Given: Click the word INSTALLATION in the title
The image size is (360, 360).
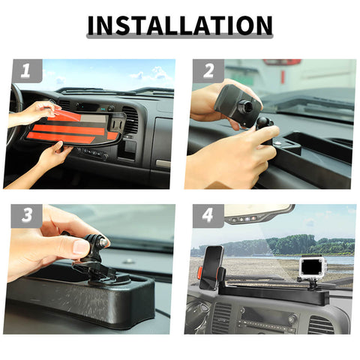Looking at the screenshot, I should [180, 25].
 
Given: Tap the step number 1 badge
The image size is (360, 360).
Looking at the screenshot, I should [27, 72].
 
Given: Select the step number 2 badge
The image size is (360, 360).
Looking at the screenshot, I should [208, 72].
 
